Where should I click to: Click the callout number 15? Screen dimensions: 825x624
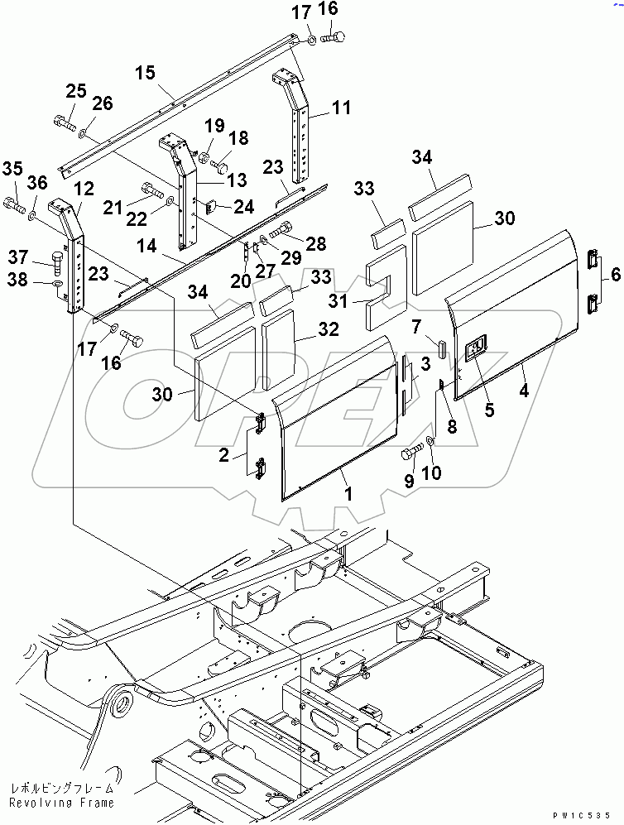click(x=145, y=74)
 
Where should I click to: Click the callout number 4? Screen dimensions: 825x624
click(x=525, y=387)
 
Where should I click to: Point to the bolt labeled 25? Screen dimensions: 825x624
click(x=65, y=124)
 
